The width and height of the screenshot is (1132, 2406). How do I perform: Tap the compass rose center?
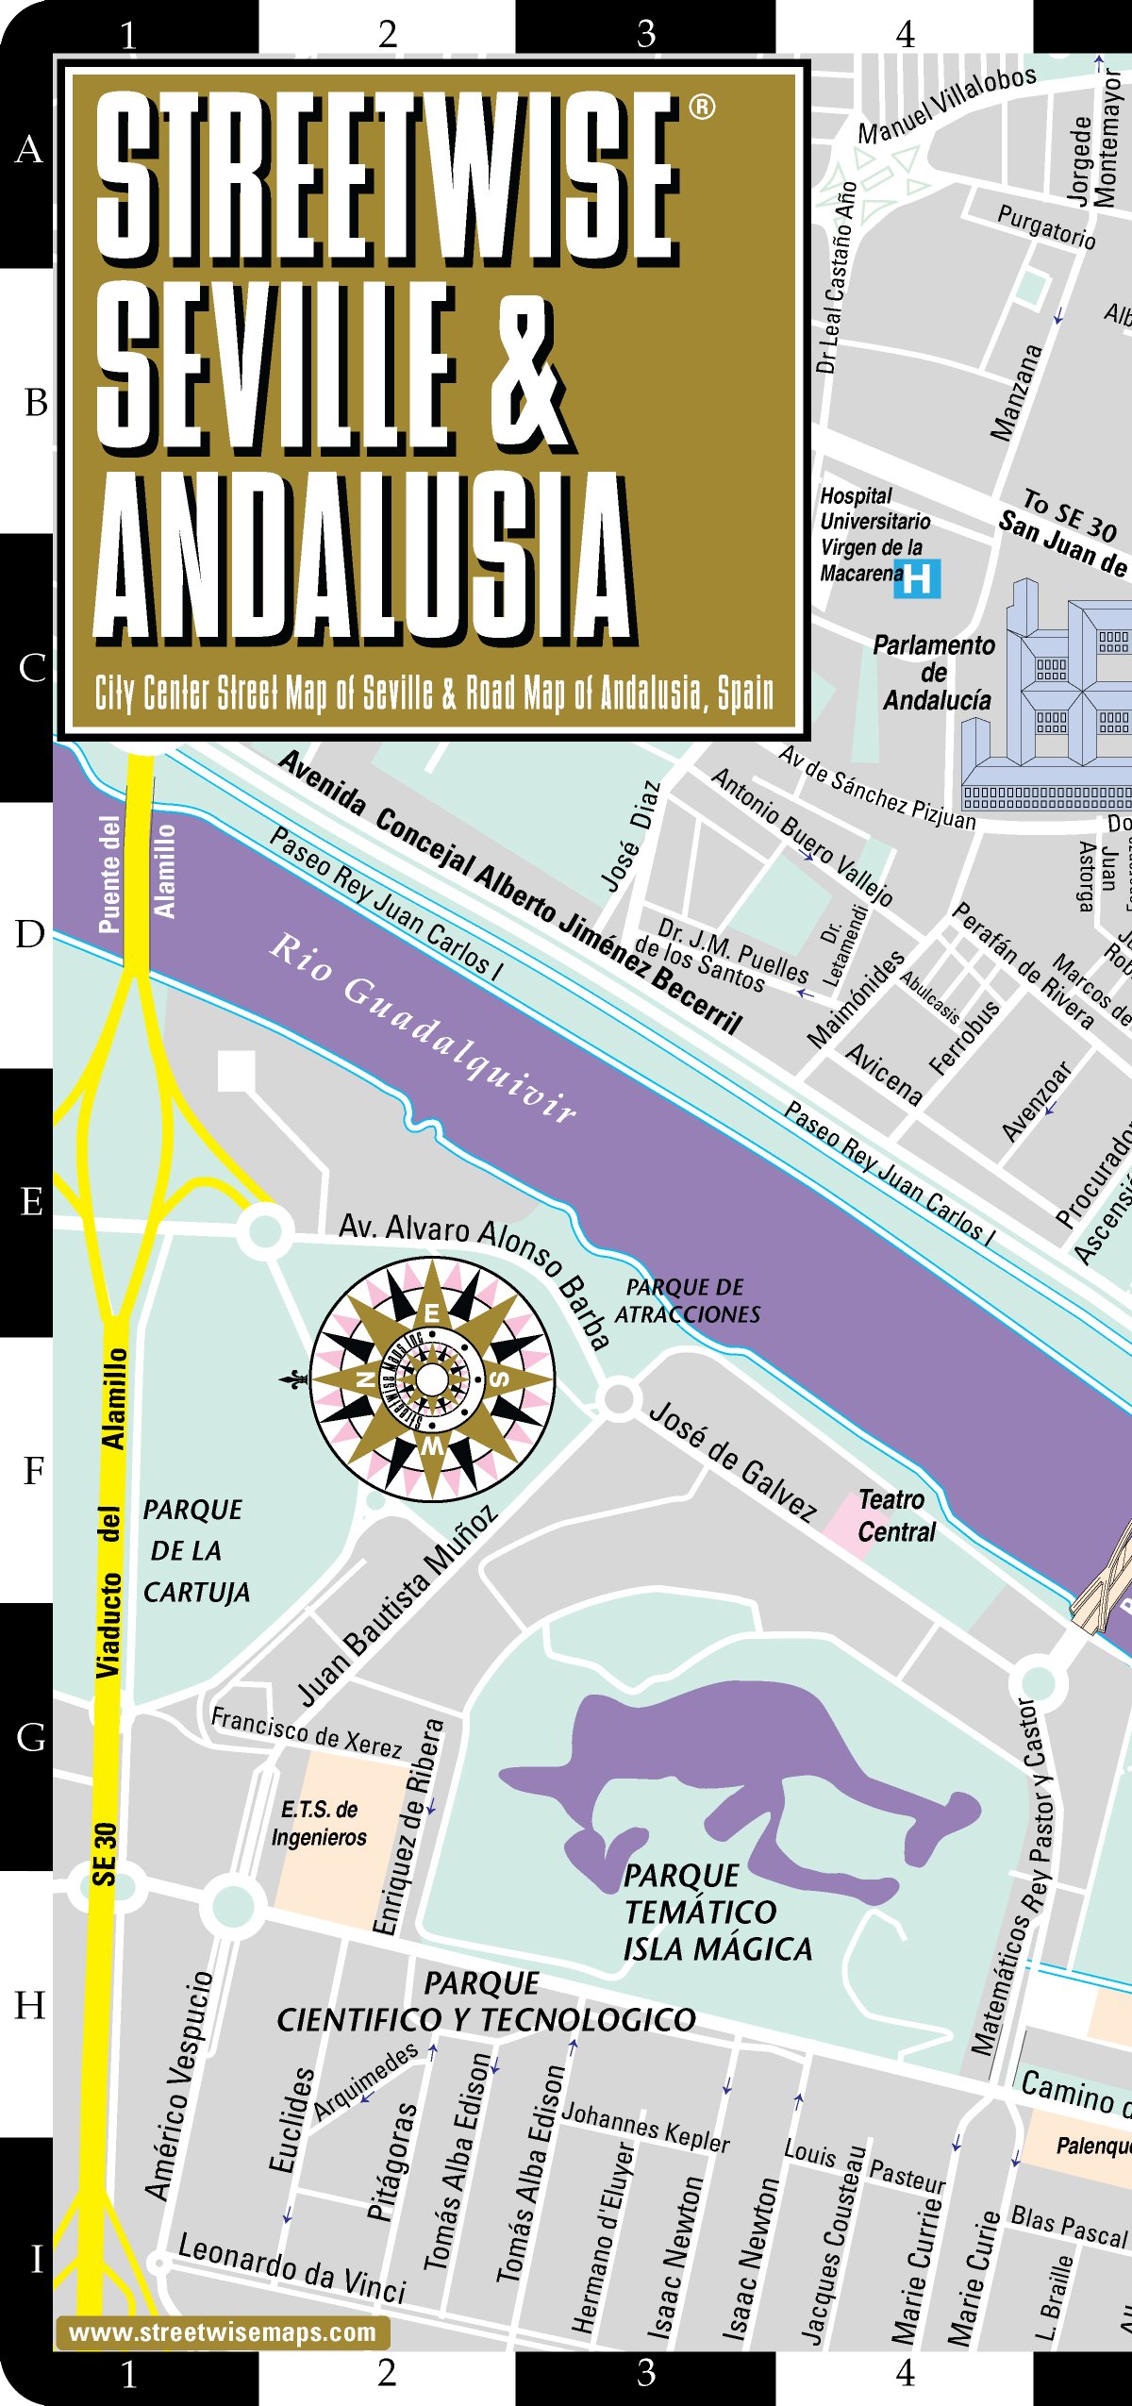432,1378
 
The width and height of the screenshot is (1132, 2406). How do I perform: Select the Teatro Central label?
895,1515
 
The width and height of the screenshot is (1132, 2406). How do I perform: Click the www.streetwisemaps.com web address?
223,2332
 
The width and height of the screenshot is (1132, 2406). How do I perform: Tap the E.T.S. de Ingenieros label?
319,1823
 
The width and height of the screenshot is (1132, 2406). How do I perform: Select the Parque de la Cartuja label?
196,1550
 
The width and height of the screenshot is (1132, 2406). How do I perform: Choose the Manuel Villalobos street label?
946,105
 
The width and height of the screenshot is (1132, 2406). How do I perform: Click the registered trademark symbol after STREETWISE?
702,107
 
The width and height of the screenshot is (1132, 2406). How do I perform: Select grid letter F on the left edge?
33,1470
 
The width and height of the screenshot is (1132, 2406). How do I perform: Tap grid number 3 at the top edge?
645,34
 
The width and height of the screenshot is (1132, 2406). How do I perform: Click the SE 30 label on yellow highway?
105,1854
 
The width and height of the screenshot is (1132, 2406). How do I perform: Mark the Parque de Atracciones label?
687,1300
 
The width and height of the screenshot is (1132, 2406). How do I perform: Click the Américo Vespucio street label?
179,2085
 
